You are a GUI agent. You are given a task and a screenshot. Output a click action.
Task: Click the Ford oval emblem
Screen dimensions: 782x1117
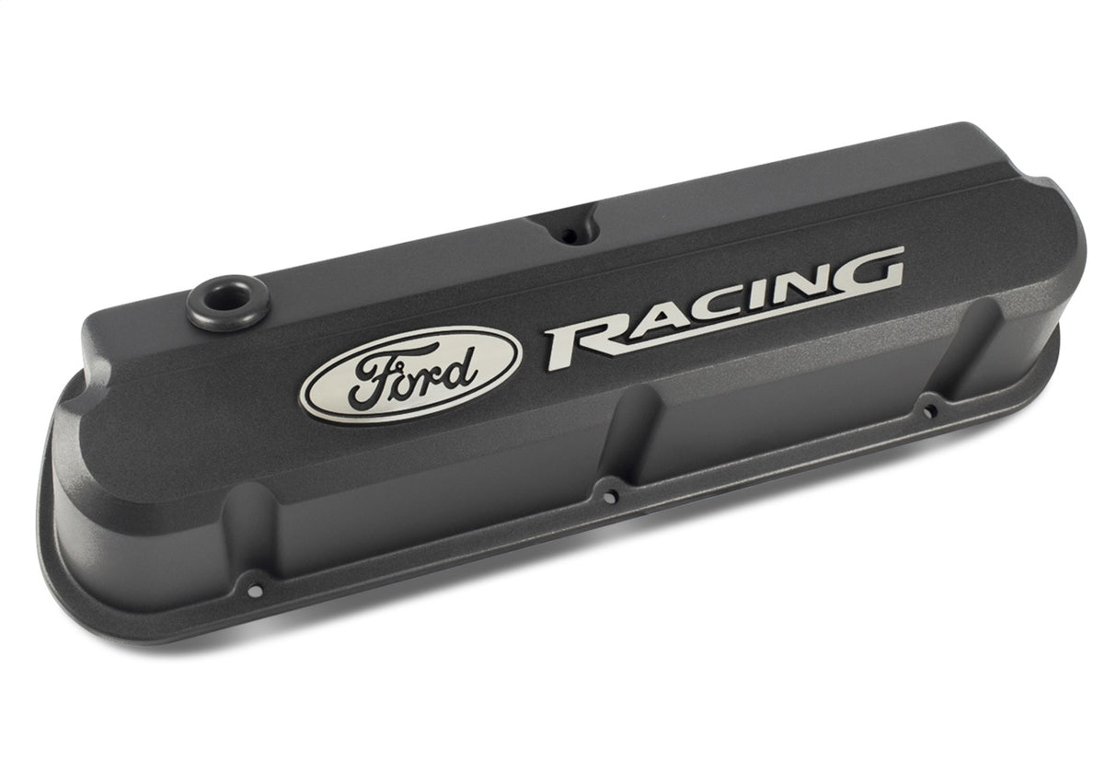pos(410,374)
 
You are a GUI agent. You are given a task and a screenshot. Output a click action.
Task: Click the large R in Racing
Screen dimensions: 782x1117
pos(583,343)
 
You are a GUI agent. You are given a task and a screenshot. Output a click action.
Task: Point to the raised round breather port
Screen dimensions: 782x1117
pos(226,301)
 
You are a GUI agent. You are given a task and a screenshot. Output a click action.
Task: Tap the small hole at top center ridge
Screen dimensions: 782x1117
pos(570,236)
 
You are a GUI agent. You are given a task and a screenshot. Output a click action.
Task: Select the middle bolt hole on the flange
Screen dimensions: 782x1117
pos(609,497)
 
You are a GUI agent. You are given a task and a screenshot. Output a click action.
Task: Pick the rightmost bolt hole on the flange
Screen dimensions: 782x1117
pos(930,410)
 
